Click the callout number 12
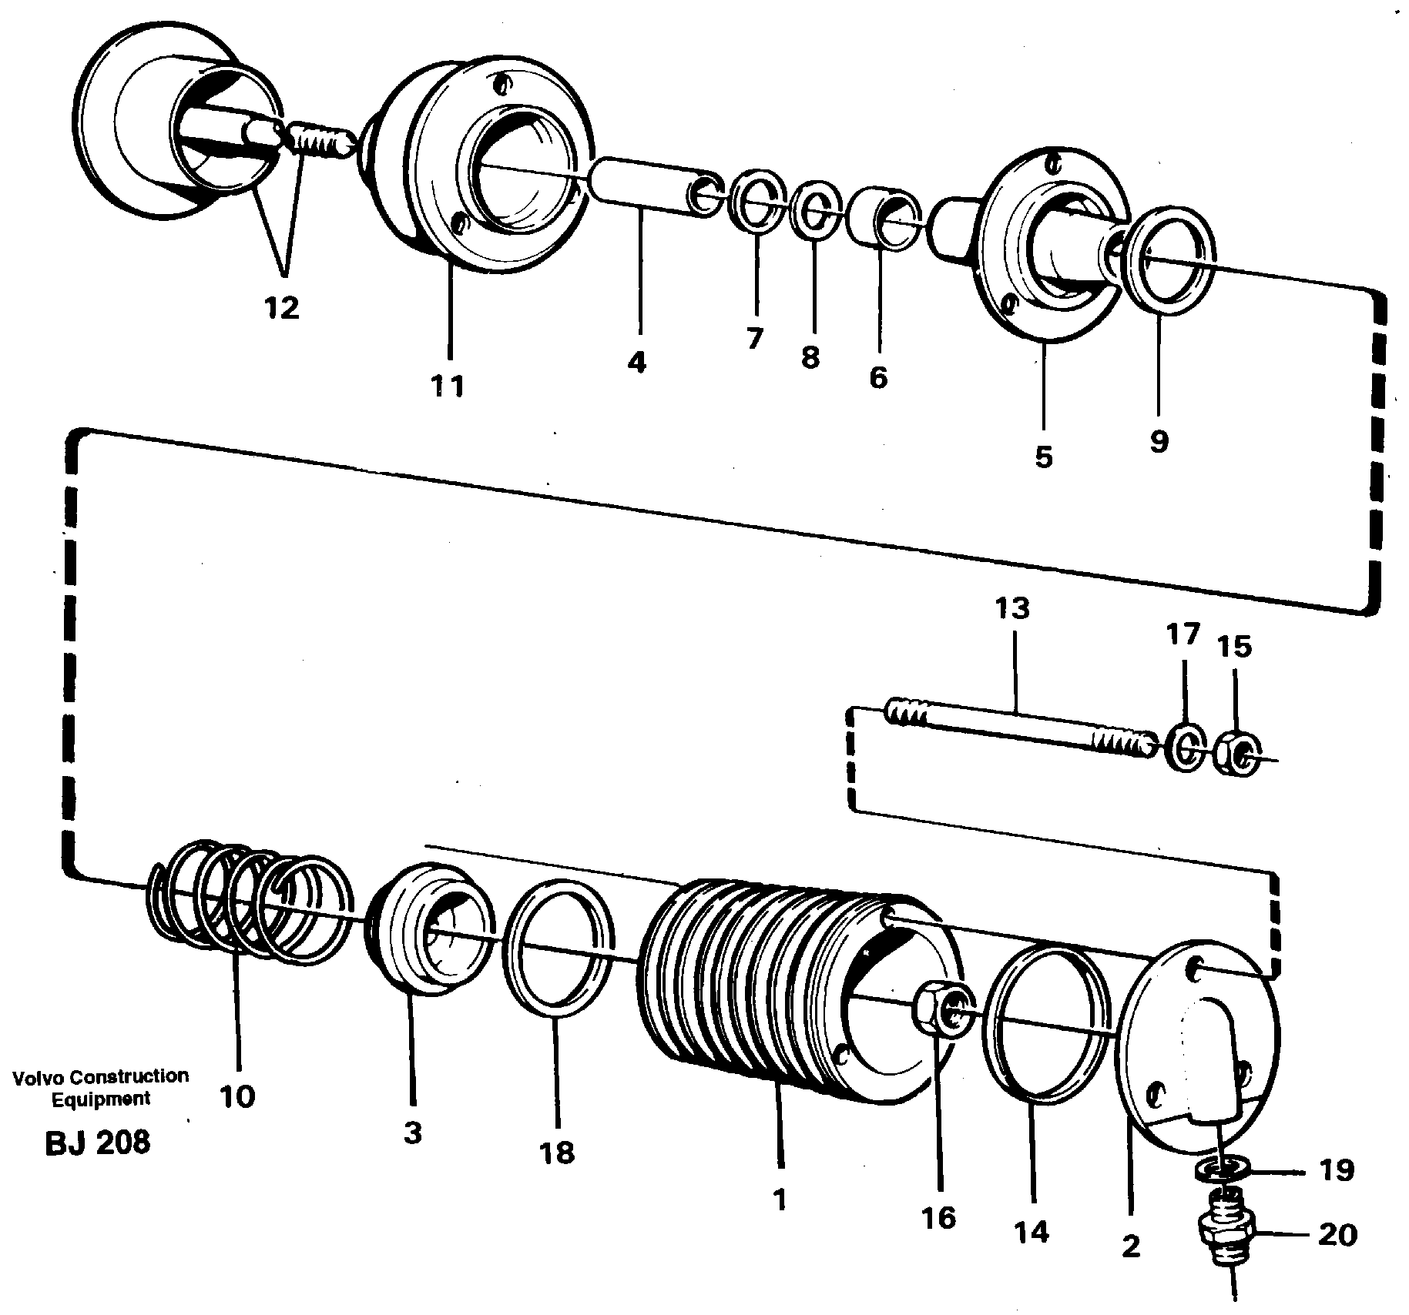coord(280,309)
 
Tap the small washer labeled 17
coord(1186,747)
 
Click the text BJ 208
coord(97,1143)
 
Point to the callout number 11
coord(448,384)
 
